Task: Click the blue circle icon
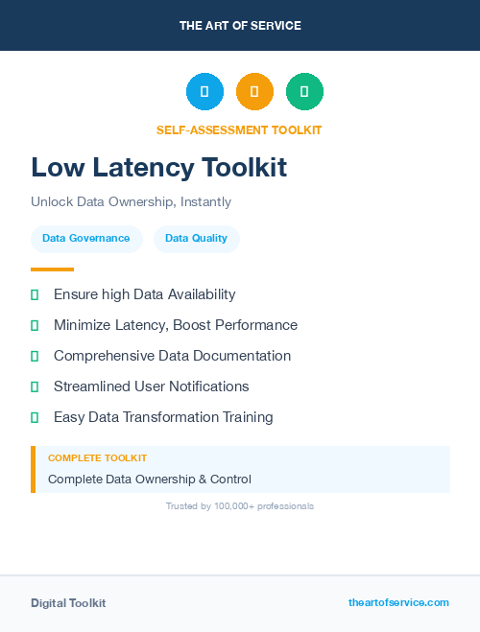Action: click(x=204, y=92)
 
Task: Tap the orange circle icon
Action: click(x=254, y=92)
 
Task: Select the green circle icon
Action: click(x=304, y=92)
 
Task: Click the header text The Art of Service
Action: click(x=240, y=26)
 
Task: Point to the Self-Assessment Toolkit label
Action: click(x=239, y=130)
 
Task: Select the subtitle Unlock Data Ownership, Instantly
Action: click(x=131, y=202)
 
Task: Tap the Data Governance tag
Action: click(x=86, y=239)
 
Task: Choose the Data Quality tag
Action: click(x=197, y=239)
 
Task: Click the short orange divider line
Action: click(x=52, y=269)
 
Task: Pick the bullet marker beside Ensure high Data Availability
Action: click(x=35, y=294)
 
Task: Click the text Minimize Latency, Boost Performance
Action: click(x=176, y=325)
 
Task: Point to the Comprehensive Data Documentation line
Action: click(x=172, y=356)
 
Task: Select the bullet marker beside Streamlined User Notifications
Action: click(x=35, y=386)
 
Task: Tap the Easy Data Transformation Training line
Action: click(x=163, y=417)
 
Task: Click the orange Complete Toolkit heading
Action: click(x=97, y=458)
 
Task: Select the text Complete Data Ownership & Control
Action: click(x=149, y=480)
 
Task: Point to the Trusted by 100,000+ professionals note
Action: click(x=240, y=505)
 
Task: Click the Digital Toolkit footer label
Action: click(x=68, y=603)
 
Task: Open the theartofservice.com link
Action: click(x=398, y=602)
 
